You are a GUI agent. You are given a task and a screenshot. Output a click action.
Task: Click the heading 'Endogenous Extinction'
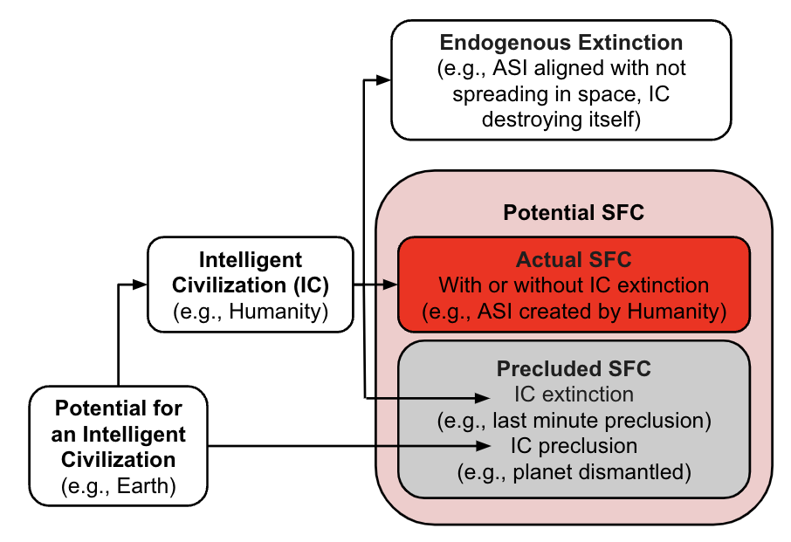pos(561,43)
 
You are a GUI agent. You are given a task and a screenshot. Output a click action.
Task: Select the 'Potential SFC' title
pos(574,212)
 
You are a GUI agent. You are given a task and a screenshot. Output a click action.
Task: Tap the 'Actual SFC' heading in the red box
pos(574,260)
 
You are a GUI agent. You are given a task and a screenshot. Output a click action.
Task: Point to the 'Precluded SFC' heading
pos(574,368)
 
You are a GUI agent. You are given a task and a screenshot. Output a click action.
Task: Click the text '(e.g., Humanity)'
pos(251,311)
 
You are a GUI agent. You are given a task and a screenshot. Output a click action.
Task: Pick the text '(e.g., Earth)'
pos(119,485)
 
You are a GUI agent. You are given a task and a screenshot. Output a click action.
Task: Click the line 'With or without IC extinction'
pos(574,285)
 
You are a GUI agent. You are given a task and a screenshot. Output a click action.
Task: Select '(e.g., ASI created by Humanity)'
pos(574,311)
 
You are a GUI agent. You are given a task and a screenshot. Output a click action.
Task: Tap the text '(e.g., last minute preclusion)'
pos(574,421)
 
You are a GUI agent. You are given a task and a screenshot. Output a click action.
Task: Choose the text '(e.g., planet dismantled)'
pos(574,472)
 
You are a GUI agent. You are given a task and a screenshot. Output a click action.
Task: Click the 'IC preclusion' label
pos(574,446)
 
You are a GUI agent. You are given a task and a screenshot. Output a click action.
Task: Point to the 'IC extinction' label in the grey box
pos(574,394)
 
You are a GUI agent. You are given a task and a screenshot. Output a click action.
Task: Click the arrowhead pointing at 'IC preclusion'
pos(484,446)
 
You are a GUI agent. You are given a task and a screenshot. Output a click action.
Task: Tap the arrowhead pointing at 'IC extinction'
pos(483,398)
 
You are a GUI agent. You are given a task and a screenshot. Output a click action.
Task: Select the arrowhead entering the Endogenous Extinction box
pos(384,79)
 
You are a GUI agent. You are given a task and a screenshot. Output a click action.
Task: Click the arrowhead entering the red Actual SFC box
pos(390,285)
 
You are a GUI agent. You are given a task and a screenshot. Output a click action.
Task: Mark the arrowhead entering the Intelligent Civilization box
pos(140,285)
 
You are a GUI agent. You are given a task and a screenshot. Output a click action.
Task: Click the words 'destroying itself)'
pos(561,120)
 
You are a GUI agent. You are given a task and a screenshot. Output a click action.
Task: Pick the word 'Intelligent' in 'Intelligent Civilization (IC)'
pos(251,260)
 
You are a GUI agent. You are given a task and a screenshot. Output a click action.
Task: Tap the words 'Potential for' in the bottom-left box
pos(119,408)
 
